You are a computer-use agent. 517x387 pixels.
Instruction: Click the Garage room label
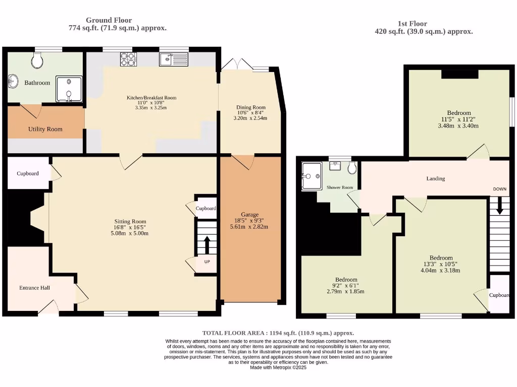[249, 214]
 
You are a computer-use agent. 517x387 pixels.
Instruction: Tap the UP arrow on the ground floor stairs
[207, 246]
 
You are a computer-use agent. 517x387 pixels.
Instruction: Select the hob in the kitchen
[128, 59]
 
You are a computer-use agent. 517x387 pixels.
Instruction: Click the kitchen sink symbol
[173, 60]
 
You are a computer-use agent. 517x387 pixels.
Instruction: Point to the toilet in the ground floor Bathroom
[36, 61]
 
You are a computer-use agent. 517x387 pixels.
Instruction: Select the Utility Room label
[45, 129]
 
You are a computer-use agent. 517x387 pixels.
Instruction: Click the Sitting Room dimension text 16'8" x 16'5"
[130, 227]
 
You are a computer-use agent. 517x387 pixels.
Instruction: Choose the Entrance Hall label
[34, 288]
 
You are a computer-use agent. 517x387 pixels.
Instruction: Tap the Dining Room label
[251, 107]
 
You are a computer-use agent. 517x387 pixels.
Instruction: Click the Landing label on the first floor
[436, 178]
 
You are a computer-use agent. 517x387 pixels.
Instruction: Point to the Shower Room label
[340, 187]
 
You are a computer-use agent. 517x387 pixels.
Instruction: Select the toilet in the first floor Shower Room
[352, 168]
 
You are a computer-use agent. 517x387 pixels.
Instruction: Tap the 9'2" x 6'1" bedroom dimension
[346, 286]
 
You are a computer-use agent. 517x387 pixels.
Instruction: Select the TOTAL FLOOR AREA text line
[278, 333]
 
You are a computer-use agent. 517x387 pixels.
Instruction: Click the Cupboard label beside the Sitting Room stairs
[206, 208]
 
